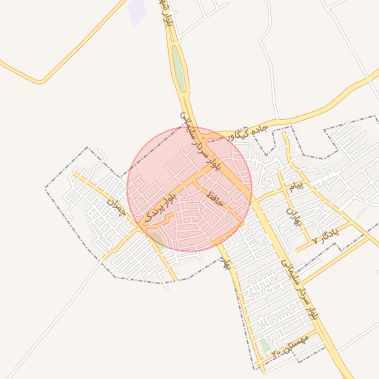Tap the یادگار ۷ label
pyautogui.click(x=326, y=235)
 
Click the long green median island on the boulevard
pyautogui.click(x=178, y=67)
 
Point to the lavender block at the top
pyautogui.click(x=137, y=12)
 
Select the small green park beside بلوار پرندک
pyautogui.click(x=158, y=238)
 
